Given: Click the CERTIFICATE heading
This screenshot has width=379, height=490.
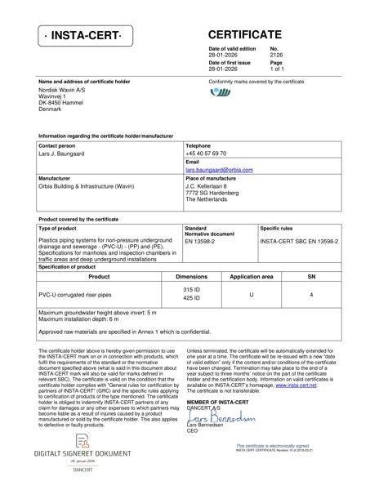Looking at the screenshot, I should click(245, 34).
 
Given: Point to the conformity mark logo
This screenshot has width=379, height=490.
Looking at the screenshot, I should click(221, 93).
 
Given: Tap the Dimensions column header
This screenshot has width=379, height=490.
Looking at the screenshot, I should click(191, 277).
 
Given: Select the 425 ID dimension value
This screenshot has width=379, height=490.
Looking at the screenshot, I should click(191, 299).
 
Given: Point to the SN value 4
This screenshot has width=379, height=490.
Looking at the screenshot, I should click(311, 294).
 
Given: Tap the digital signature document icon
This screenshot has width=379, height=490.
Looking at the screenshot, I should click(82, 440).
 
